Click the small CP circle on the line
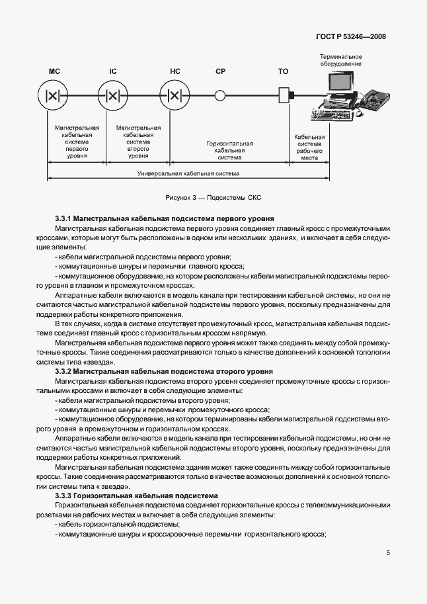[x=221, y=95]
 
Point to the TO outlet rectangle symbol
[x=284, y=95]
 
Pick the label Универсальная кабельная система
[x=188, y=173]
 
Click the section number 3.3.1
[x=63, y=218]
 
